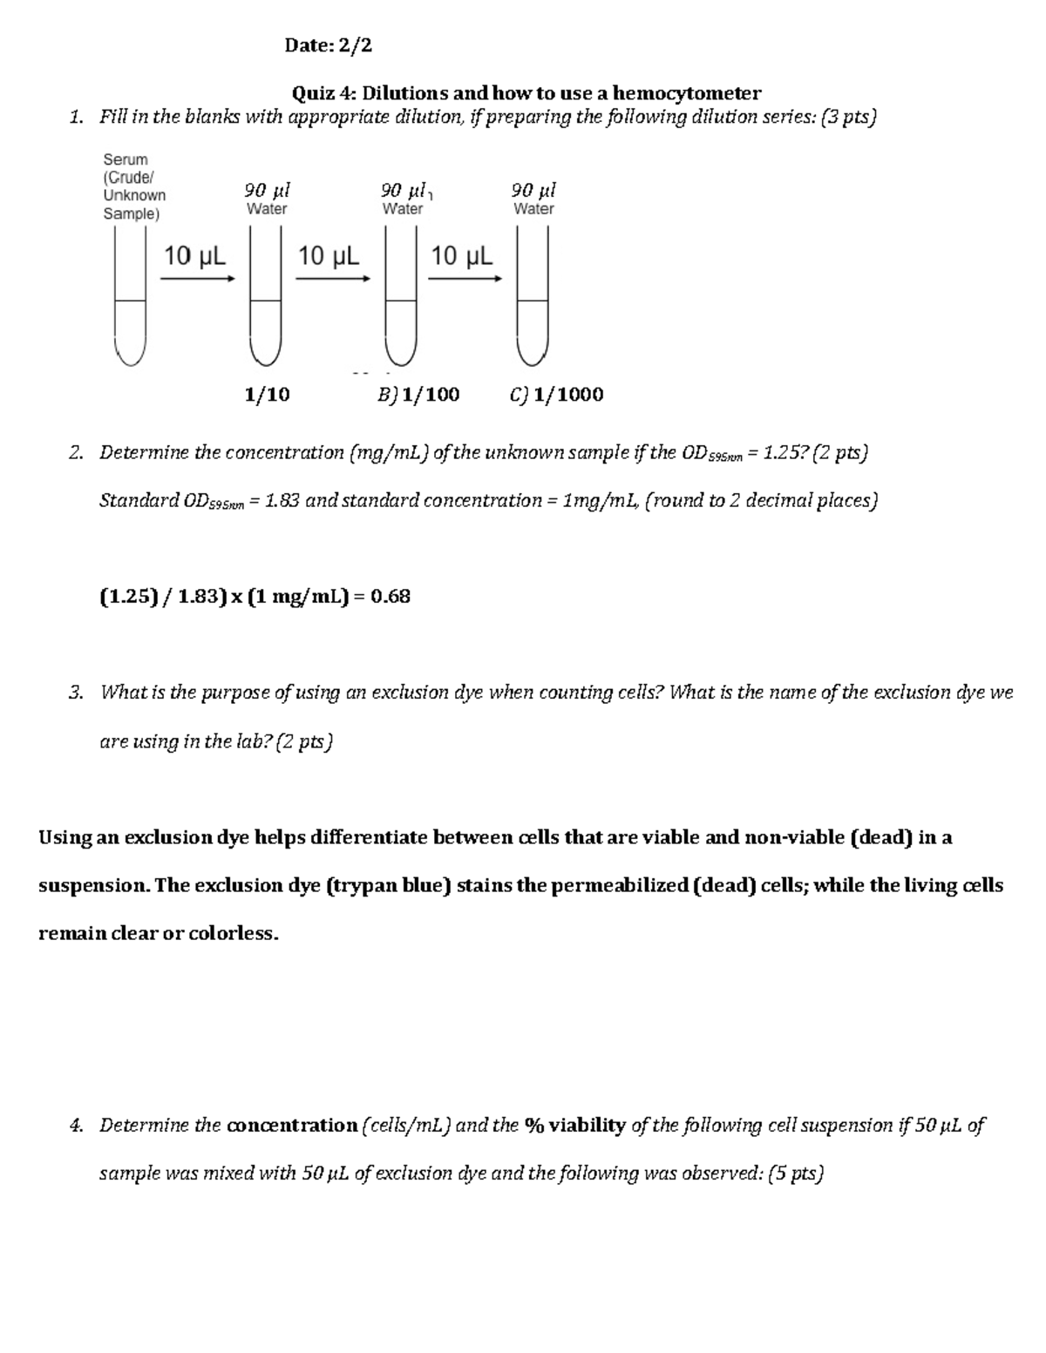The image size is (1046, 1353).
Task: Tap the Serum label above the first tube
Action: tap(126, 159)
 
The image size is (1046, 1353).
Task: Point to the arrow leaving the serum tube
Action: tap(198, 279)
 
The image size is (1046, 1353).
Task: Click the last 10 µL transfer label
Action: tap(461, 256)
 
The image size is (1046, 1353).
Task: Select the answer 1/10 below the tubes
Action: tap(267, 395)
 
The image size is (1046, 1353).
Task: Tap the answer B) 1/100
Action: tap(418, 395)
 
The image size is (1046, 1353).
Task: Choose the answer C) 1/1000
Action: tap(556, 395)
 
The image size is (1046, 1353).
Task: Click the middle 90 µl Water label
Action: tap(404, 198)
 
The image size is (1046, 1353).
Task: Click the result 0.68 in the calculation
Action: tap(390, 597)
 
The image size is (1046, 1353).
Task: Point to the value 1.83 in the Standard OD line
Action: tap(282, 501)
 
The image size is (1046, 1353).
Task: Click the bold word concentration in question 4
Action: tap(292, 1126)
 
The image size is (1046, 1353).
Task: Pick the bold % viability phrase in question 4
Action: tap(575, 1126)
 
